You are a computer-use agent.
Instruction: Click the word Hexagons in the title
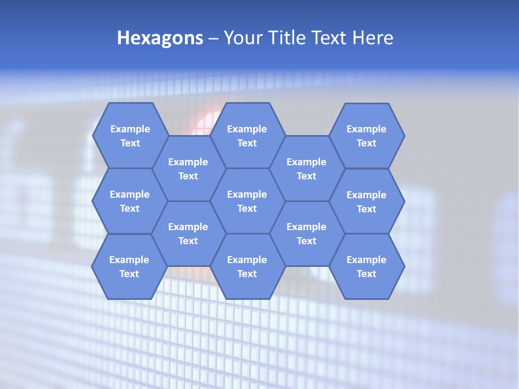(x=160, y=38)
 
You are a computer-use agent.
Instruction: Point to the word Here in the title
(x=372, y=38)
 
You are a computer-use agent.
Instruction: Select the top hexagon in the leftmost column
(x=130, y=136)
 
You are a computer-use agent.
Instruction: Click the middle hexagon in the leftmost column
(x=130, y=201)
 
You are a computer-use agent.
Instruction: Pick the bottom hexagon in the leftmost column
(x=129, y=266)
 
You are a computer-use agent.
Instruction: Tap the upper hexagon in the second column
(x=188, y=169)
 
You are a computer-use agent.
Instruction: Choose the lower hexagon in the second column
(x=188, y=233)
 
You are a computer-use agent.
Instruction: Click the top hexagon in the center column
(x=247, y=136)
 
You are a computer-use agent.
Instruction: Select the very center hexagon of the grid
(x=247, y=201)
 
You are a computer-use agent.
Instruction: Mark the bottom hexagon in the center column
(x=247, y=266)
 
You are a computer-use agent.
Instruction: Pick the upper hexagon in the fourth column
(x=307, y=169)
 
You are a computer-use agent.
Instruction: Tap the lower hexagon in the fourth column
(x=307, y=233)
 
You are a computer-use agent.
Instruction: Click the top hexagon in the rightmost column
(x=367, y=136)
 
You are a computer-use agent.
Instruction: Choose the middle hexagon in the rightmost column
(x=367, y=202)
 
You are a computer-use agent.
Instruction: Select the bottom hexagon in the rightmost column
(x=367, y=266)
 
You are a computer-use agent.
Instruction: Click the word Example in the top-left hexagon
(x=130, y=129)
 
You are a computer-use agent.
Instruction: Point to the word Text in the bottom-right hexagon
(x=367, y=274)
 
